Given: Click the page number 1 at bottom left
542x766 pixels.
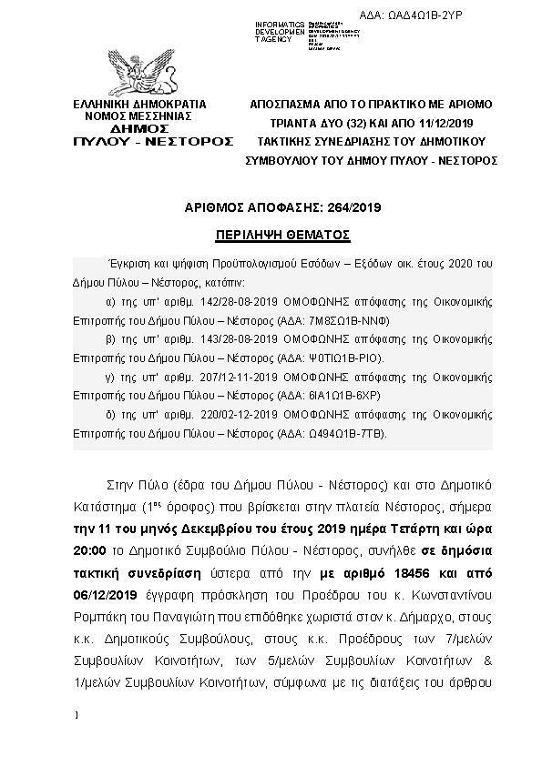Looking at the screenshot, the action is [x=79, y=717].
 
